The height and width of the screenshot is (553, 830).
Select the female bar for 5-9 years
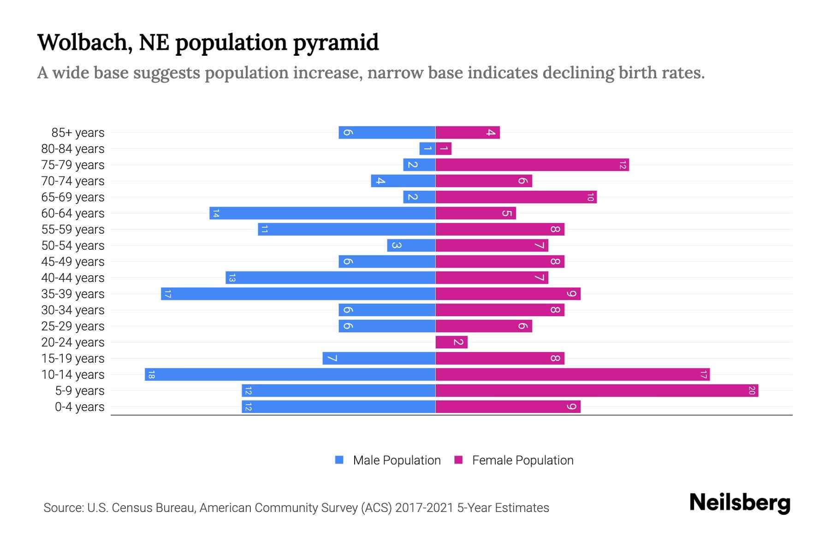(x=597, y=391)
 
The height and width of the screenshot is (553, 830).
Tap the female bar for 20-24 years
(x=451, y=342)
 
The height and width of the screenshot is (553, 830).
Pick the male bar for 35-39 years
(x=298, y=294)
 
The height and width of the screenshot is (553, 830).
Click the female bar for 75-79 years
(x=532, y=165)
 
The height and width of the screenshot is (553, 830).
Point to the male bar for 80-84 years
(x=427, y=148)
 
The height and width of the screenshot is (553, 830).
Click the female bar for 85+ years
(x=468, y=132)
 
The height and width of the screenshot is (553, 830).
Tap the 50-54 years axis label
(x=73, y=245)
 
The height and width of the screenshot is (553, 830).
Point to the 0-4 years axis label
(x=79, y=407)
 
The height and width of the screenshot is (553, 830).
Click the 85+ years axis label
(x=77, y=132)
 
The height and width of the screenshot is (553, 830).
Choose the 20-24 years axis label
(x=73, y=342)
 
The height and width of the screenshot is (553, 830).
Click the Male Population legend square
(x=339, y=460)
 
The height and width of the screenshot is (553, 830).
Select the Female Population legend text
(x=522, y=460)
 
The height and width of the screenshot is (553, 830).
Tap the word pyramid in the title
(x=336, y=42)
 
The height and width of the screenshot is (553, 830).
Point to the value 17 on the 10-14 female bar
(x=703, y=374)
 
